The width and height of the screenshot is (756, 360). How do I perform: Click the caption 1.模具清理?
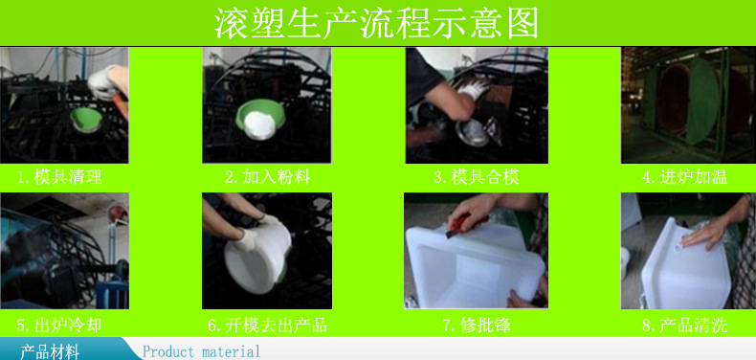tap(59, 177)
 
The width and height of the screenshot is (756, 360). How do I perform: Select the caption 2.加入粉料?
tap(268, 177)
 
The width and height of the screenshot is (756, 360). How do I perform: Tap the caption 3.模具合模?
tap(476, 177)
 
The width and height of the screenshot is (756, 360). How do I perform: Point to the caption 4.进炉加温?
tap(685, 177)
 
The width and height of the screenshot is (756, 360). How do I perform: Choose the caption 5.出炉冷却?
tap(59, 326)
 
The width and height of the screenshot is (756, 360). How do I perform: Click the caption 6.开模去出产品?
tap(268, 326)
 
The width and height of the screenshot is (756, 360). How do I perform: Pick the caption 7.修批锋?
tap(476, 326)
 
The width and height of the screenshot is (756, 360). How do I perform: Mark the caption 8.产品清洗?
tap(685, 326)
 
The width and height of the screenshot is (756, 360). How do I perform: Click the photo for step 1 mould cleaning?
tap(64, 105)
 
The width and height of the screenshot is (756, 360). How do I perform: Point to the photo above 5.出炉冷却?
tap(64, 252)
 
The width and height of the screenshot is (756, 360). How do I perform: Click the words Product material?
tap(201, 351)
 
